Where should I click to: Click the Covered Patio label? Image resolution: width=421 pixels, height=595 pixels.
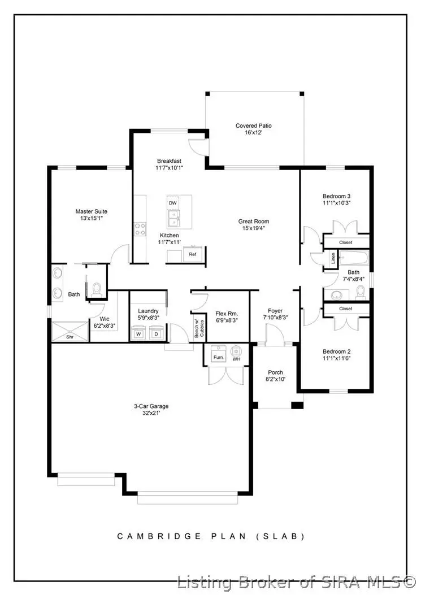coord(254,125)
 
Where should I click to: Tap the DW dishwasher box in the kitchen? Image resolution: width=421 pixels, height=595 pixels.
coord(173,202)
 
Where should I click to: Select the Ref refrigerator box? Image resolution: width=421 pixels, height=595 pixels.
coord(193,254)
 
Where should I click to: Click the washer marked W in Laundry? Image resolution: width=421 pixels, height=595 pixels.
coord(138,333)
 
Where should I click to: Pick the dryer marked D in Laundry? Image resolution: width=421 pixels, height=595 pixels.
coord(157,333)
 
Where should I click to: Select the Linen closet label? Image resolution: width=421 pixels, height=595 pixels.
coord(333,259)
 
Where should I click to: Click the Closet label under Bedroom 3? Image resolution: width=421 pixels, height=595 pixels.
coord(346,242)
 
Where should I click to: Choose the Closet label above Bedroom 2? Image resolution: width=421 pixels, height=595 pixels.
coord(346,309)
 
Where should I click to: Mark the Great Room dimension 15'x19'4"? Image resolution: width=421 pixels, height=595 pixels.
coord(253,228)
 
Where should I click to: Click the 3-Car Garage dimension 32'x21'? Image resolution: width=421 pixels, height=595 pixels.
coord(151,413)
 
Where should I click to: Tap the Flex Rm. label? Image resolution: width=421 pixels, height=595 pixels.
coord(227,314)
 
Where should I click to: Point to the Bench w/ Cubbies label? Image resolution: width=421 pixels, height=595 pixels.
coord(198,328)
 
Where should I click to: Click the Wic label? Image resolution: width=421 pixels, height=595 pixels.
coord(104,319)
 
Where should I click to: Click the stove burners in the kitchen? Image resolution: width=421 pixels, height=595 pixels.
coord(140,228)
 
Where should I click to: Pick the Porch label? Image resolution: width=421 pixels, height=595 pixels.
coord(275,372)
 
